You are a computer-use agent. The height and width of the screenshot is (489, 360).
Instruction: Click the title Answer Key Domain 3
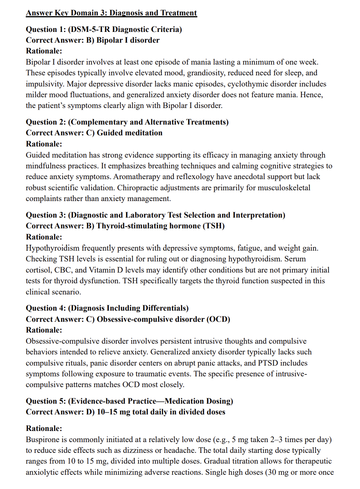pyautogui.click(x=111, y=13)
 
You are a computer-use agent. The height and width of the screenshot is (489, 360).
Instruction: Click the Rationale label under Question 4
pyautogui.click(x=44, y=330)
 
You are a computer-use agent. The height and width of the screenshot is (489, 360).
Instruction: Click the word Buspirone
pyautogui.click(x=42, y=439)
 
